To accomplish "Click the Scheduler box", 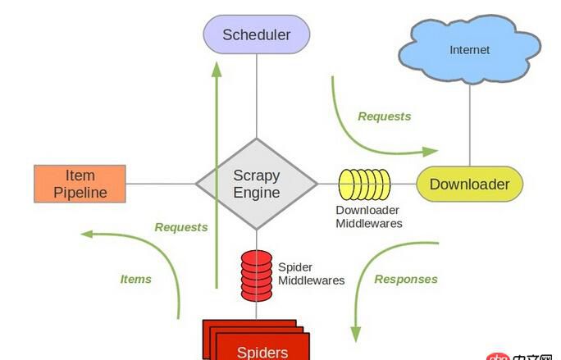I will [257, 35].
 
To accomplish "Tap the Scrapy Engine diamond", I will [257, 185].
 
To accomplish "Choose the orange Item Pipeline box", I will [80, 184].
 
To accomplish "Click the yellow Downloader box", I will [469, 185].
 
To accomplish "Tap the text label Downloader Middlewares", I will [368, 216].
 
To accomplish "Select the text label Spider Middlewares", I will [311, 274].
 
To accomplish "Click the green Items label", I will [136, 279].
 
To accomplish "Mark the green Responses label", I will [406, 279].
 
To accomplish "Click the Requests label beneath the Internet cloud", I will [384, 116].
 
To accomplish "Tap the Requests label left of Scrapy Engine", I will [181, 227].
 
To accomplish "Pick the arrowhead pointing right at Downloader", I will [431, 151].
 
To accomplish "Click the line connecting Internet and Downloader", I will [470, 123].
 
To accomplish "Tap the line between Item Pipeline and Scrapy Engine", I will [160, 184].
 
